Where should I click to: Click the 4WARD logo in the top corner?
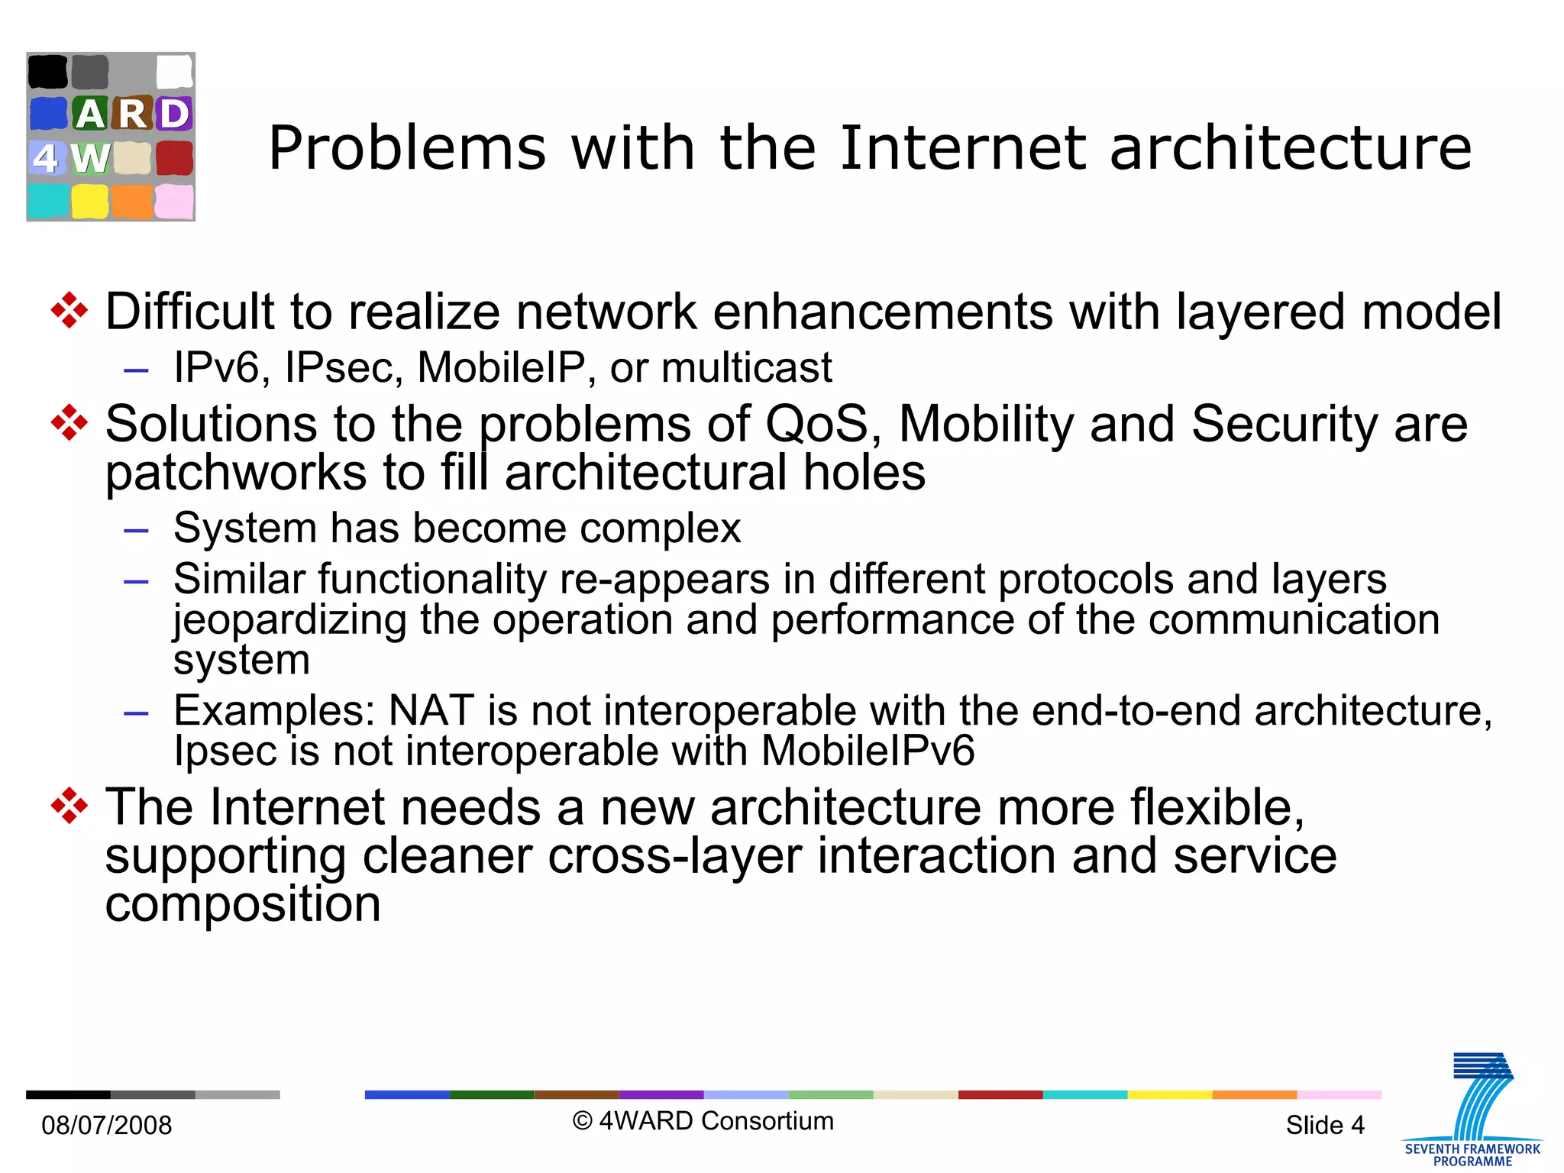point(111,137)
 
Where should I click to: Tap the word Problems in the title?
point(407,149)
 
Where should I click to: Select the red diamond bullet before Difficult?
point(69,311)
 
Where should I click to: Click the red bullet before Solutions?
point(69,423)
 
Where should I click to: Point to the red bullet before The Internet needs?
point(69,806)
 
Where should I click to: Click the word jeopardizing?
point(290,619)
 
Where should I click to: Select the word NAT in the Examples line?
point(431,710)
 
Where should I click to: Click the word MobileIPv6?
point(868,751)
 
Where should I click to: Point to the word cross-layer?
point(674,855)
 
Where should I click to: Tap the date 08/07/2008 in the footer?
point(107,1125)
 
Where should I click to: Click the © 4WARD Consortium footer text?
point(703,1121)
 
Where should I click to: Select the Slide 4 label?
point(1325,1125)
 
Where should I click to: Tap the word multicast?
point(746,367)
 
